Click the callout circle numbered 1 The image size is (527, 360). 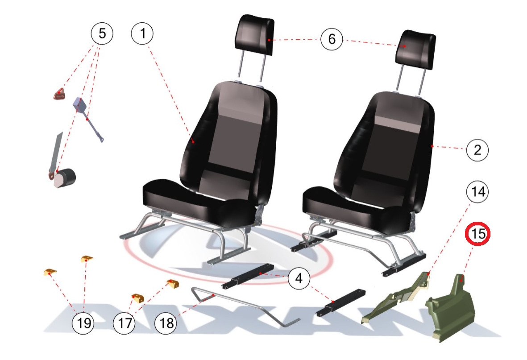tap(142, 33)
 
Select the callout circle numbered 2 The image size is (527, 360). tap(477, 149)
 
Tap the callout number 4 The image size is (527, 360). tap(299, 278)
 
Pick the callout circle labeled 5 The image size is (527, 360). tap(102, 33)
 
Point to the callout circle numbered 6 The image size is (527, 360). tap(332, 39)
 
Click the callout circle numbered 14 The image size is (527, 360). tap(477, 192)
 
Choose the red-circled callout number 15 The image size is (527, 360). tap(477, 234)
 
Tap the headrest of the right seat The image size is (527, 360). tap(416, 50)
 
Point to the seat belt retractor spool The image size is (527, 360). tap(65, 177)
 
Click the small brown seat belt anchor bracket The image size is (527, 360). tap(59, 94)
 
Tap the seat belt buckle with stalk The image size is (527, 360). tap(87, 118)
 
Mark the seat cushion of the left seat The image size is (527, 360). tap(198, 202)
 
